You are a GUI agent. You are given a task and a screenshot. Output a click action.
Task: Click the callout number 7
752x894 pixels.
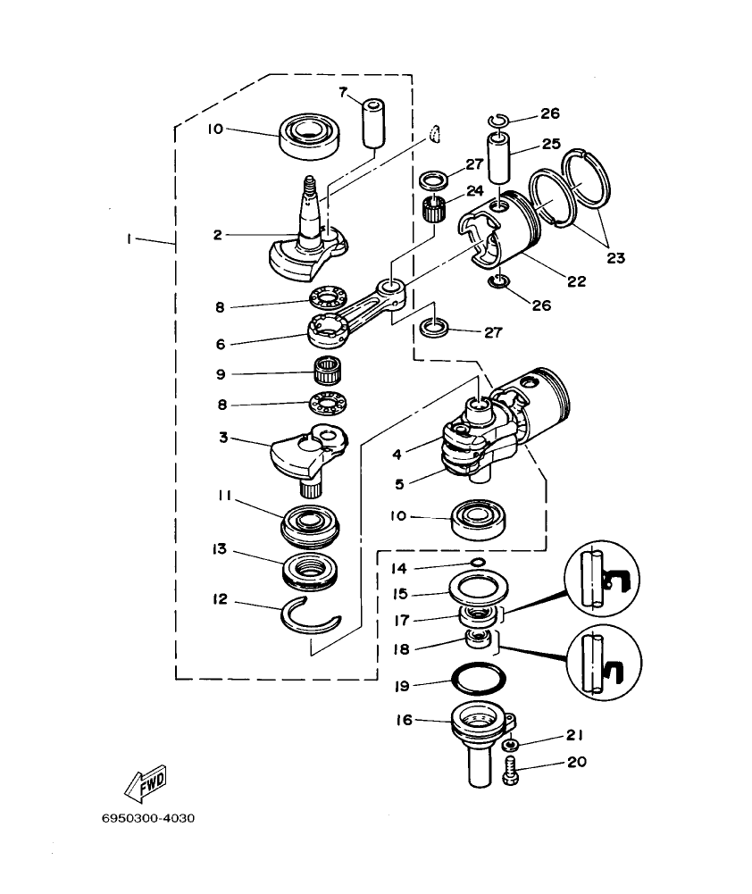(x=342, y=91)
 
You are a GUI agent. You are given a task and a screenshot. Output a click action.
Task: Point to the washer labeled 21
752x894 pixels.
(x=509, y=744)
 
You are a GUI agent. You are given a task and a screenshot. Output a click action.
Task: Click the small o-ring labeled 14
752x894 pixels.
(x=478, y=562)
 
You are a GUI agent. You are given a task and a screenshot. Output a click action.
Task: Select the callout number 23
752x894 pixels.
(x=616, y=258)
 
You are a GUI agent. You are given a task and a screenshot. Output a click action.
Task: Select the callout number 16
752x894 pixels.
(x=405, y=719)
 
